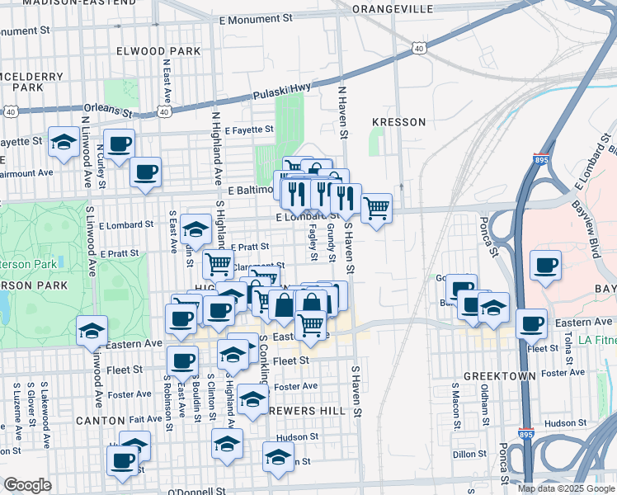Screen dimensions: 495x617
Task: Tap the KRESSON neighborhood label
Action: click(399, 122)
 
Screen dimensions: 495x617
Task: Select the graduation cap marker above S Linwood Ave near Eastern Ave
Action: click(92, 331)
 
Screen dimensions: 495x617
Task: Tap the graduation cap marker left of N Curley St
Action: click(63, 143)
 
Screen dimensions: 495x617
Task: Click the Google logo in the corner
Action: click(27, 485)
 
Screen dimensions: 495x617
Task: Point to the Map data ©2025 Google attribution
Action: click(565, 488)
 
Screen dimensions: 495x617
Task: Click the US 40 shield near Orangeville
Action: click(419, 49)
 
